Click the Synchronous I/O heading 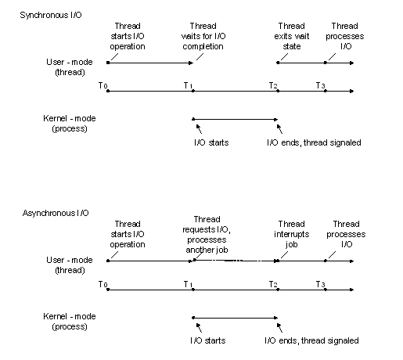coord(51,15)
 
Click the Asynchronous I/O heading coord(56,213)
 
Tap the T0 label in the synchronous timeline coord(103,85)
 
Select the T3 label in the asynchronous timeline coord(321,284)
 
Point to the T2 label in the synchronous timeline coord(273,85)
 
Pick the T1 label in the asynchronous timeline coord(188,284)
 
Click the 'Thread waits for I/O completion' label coord(203,36)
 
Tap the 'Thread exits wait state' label coord(292,36)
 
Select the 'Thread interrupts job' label coord(291,234)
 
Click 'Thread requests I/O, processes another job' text coord(207,235)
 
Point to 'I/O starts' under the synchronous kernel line coord(211,142)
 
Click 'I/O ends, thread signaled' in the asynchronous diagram coord(311,340)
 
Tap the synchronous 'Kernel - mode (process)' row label coord(70,124)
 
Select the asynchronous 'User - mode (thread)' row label coord(70,265)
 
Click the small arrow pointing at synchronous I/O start coord(199,128)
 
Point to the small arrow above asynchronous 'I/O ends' coord(279,328)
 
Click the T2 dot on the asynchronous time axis coord(278,290)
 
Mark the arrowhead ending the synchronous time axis coord(352,92)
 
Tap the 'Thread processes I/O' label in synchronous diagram coord(345,36)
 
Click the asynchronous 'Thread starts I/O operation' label coord(128,234)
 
